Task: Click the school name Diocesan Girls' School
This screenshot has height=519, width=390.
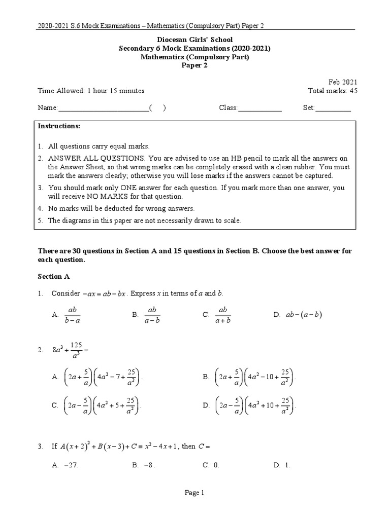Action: [x=195, y=39]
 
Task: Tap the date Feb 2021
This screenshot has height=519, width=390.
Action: [x=343, y=82]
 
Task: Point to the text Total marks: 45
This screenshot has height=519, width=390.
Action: [x=333, y=91]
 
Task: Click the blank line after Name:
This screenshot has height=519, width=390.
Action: [x=104, y=108]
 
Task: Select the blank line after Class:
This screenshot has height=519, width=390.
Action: [x=259, y=108]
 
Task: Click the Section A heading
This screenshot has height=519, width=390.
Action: [x=54, y=277]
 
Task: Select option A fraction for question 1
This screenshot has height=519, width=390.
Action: [x=72, y=315]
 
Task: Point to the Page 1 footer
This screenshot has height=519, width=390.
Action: [x=195, y=492]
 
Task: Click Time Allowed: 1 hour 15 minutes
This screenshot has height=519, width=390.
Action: [x=91, y=91]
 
